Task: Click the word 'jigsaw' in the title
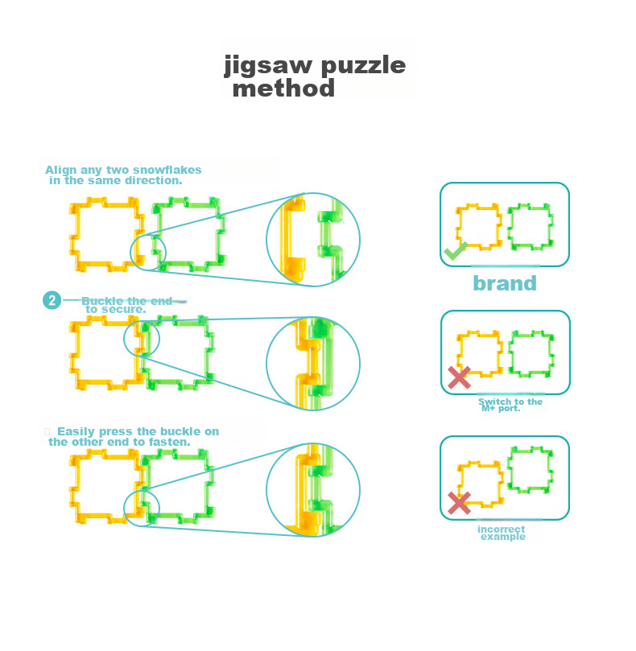coord(268,65)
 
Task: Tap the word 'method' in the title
coord(283,88)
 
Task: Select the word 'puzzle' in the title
coord(364,65)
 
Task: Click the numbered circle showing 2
coord(52,300)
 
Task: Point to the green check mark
coord(456,251)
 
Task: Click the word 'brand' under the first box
coord(505,283)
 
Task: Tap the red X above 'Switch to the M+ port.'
coord(459,377)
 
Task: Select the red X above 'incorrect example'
coord(459,503)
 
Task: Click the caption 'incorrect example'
coord(502,533)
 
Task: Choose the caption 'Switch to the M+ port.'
coord(510,405)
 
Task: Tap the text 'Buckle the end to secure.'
coord(126,305)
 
